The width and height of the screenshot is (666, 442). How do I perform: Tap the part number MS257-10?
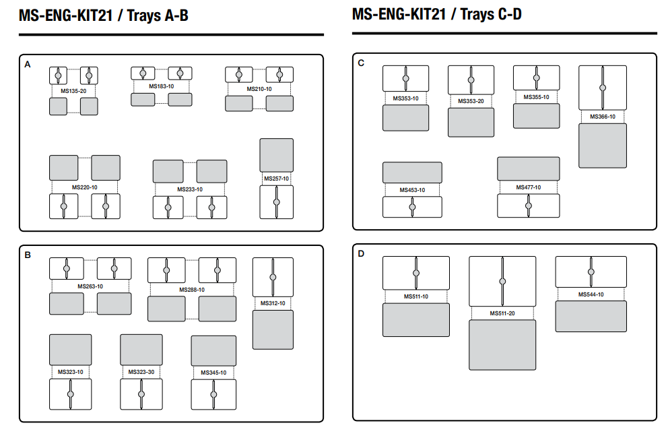click(276, 179)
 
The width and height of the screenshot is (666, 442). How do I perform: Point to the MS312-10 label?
click(273, 303)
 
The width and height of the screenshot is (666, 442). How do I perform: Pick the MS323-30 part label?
click(141, 372)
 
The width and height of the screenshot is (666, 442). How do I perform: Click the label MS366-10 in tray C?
click(603, 117)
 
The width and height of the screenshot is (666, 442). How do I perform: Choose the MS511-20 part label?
click(502, 313)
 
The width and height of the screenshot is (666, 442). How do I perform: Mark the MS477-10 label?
click(528, 187)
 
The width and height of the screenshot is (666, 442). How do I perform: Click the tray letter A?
click(28, 65)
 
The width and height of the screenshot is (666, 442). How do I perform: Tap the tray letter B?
click(28, 255)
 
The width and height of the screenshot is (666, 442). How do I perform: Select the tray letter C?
click(361, 63)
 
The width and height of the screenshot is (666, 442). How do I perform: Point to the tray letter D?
click(361, 254)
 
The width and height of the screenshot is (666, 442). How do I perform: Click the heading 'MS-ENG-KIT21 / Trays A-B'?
click(103, 15)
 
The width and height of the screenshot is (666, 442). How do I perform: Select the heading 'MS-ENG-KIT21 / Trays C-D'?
click(436, 13)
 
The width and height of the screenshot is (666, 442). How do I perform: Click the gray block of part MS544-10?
click(591, 316)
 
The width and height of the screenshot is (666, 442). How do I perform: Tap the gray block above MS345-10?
click(213, 350)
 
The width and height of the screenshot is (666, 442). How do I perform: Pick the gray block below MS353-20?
click(471, 122)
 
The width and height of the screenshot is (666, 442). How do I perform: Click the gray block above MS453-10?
click(412, 172)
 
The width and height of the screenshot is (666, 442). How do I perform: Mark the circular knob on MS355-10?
click(537, 77)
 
